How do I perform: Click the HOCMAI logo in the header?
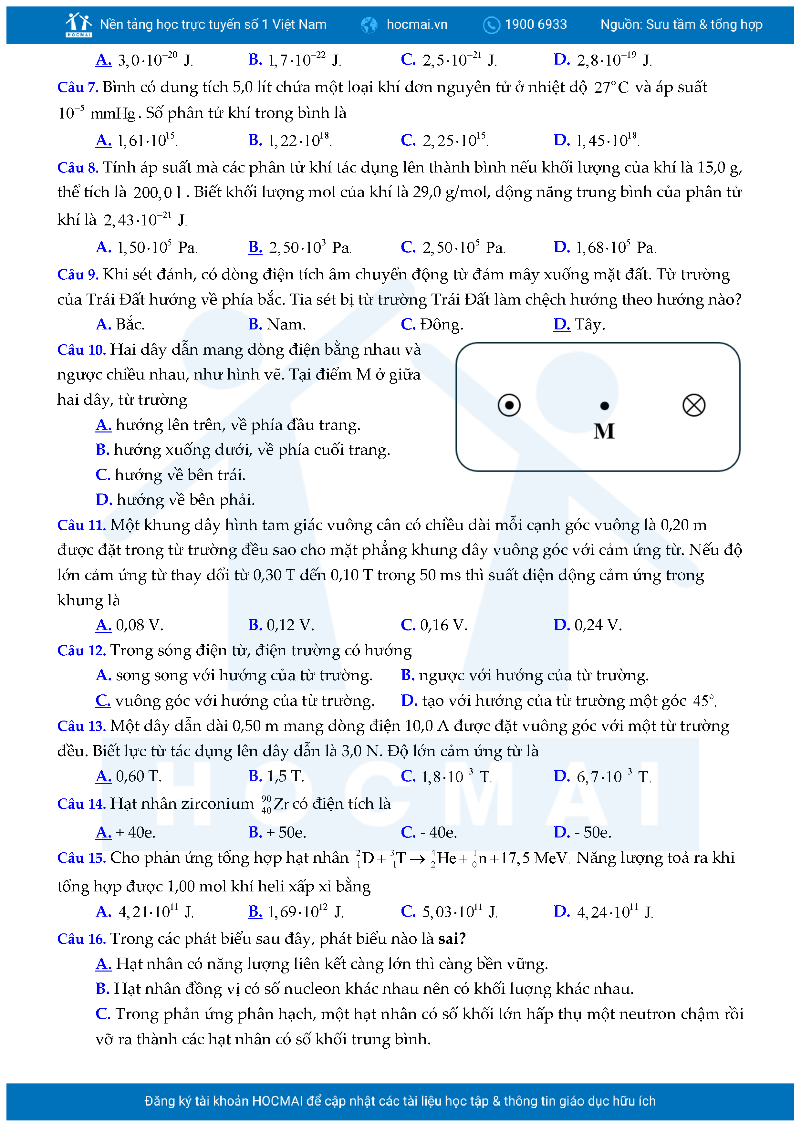pos(78,25)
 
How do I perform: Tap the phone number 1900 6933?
pos(536,24)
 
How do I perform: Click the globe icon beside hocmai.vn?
pos(369,25)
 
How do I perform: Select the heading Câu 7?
pos(78,87)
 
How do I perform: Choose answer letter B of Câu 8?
pos(255,247)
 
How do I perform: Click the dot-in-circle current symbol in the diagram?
pos(509,405)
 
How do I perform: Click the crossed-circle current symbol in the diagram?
pos(693,405)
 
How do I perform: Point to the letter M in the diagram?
pos(604,431)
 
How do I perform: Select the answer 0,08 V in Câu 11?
pos(139,625)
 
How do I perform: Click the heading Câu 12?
pos(81,650)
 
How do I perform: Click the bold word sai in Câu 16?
pos(451,939)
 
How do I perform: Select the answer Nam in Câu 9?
pos(286,324)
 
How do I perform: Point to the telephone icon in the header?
pos(491,25)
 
